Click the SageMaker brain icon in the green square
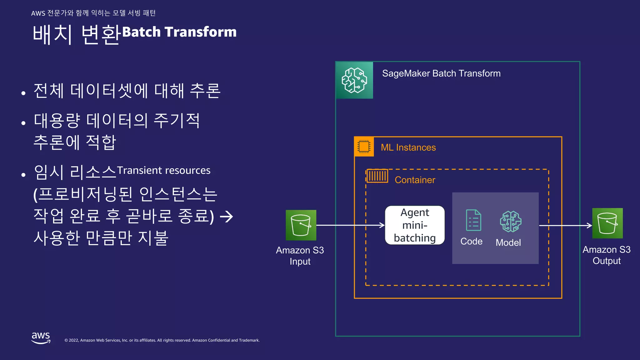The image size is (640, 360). (354, 80)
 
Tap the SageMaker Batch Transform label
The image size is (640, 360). (441, 73)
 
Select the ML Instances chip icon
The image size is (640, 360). (364, 146)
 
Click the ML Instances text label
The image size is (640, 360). (408, 147)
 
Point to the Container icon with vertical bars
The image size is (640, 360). (377, 176)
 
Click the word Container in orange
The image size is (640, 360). (415, 180)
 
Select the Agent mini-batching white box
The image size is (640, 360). (415, 225)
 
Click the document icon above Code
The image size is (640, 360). (473, 220)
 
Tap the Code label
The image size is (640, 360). (471, 242)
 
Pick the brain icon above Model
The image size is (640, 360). (510, 221)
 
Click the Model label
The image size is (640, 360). (508, 243)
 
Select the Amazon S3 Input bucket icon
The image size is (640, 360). (301, 225)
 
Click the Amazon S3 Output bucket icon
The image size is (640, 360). (607, 223)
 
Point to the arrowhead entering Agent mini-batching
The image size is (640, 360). (382, 225)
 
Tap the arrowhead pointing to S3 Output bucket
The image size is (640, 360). (589, 225)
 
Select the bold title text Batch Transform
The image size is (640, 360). (179, 32)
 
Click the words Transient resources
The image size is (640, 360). (163, 170)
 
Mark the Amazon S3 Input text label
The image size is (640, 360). (300, 256)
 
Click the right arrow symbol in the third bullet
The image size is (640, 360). (227, 217)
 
